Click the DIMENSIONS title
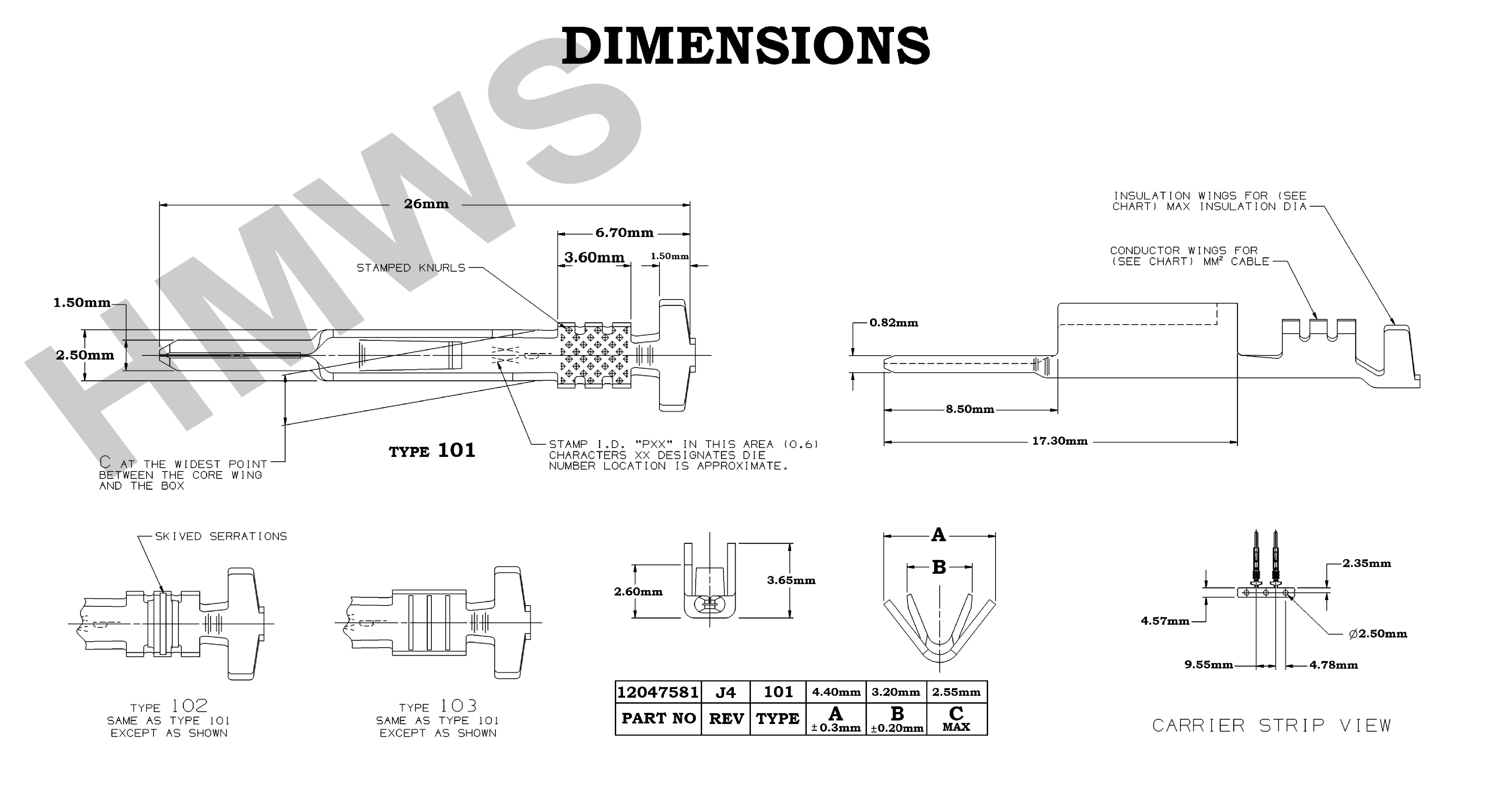pyautogui.click(x=745, y=46)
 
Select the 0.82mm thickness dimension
pyautogui.click(x=893, y=323)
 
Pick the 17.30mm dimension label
pyautogui.click(x=1060, y=441)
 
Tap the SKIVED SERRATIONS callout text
pyautogui.click(x=221, y=536)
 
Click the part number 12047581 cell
pyautogui.click(x=658, y=692)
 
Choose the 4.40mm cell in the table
pyautogui.click(x=836, y=692)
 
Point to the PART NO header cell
pyautogui.click(x=658, y=719)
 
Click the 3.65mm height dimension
pyautogui.click(x=791, y=580)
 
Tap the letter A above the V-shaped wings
pyautogui.click(x=938, y=535)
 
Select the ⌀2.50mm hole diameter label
pyautogui.click(x=1378, y=634)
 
